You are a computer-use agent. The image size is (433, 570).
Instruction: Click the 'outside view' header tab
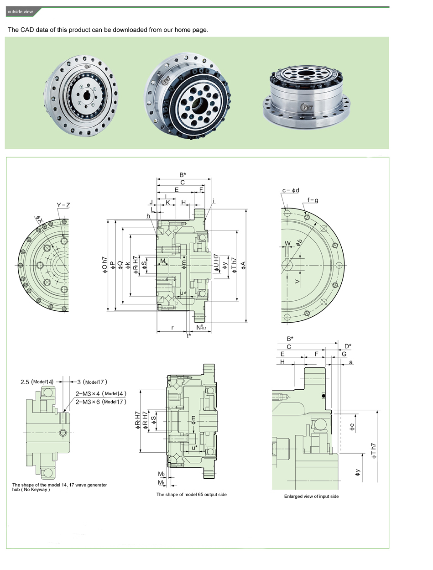tap(21, 12)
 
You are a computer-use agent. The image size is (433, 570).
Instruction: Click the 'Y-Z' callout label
tap(63, 205)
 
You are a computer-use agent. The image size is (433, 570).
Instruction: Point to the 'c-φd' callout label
tap(291, 190)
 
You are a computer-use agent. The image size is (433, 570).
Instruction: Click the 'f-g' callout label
tap(313, 200)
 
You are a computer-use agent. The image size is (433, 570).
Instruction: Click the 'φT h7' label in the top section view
tap(235, 265)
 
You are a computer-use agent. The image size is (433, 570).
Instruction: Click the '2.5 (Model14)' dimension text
tap(37, 382)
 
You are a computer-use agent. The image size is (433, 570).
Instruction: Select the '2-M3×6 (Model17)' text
tap(101, 402)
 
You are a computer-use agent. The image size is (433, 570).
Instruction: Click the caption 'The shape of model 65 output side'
tap(191, 494)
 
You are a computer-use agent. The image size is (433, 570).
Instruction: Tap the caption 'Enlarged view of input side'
tap(311, 496)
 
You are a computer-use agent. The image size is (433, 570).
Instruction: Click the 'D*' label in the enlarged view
tap(348, 346)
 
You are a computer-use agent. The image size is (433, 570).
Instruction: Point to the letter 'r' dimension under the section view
tap(172, 327)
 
